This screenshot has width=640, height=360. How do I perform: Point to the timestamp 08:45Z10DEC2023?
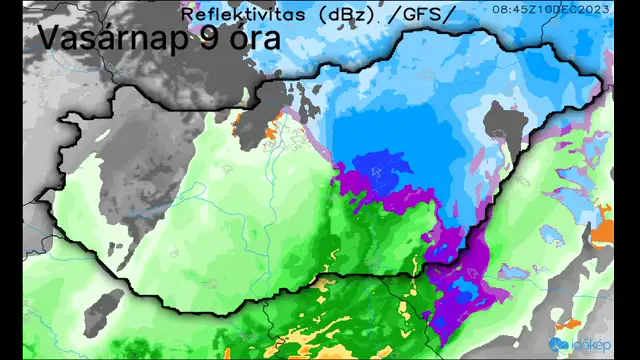click(564, 8)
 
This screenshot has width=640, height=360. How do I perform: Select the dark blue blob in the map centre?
click(380, 170)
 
